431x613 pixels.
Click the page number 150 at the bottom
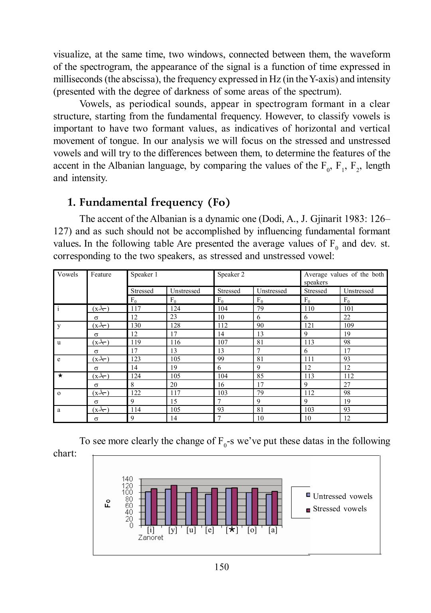[221, 567]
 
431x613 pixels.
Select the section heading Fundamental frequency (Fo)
[154, 202]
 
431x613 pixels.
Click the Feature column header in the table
[101, 275]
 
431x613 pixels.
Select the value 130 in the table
[136, 326]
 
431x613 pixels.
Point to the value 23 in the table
[174, 317]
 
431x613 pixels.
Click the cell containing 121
[309, 326]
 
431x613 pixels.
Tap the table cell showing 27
[347, 385]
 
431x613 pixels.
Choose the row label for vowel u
[59, 342]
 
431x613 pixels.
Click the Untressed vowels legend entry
[342, 496]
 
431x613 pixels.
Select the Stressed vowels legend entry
[339, 509]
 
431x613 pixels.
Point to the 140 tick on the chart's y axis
[127, 479]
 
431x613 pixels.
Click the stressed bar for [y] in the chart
[174, 505]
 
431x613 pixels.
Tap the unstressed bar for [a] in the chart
[269, 510]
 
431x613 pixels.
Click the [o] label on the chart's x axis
[252, 530]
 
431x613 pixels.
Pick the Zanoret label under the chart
[150, 538]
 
